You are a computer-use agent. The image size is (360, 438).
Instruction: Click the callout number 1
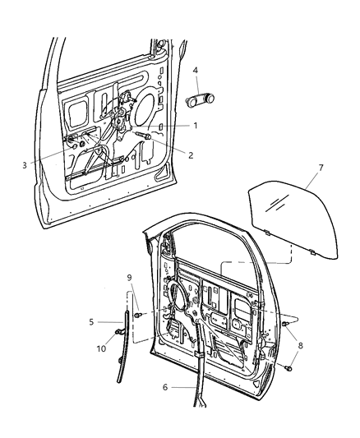(x=196, y=125)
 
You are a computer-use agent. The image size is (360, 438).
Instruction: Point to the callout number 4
(x=195, y=71)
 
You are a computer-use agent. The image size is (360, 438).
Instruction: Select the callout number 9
(x=128, y=277)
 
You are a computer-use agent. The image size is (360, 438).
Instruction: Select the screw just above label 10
(x=120, y=331)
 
